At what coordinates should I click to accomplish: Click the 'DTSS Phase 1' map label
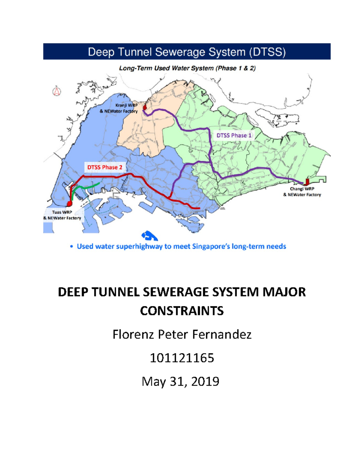tap(234, 135)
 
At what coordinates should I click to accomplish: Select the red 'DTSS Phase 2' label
tap(105, 167)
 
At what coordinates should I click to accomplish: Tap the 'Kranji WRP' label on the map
tap(126, 105)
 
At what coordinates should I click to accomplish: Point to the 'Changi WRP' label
tap(302, 189)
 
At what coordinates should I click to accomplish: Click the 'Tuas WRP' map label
tap(62, 212)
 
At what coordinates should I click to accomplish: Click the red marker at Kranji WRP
tap(145, 107)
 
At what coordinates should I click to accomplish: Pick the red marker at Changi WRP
tap(307, 182)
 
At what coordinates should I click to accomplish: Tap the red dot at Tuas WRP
tap(69, 203)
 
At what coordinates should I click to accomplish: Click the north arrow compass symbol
tap(57, 91)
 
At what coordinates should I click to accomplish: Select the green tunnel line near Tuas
tap(88, 187)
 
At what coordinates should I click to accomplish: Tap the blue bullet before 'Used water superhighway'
tap(72, 247)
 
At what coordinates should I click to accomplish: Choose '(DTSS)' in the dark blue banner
tap(267, 52)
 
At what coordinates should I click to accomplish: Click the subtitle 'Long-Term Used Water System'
tap(167, 68)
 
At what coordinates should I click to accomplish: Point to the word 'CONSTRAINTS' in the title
tap(182, 311)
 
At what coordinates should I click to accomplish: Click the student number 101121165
tap(182, 358)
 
